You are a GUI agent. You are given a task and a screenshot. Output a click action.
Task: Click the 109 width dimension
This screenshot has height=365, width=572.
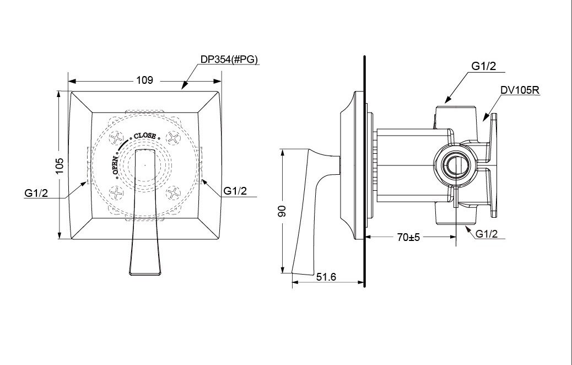pyautogui.click(x=144, y=80)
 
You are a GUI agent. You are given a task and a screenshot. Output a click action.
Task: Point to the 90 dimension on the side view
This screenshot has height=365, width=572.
pyautogui.click(x=283, y=212)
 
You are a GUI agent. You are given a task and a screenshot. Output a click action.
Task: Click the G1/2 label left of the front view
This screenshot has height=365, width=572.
pyautogui.click(x=35, y=193)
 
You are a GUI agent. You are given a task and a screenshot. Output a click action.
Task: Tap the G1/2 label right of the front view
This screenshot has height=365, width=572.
pyautogui.click(x=235, y=191)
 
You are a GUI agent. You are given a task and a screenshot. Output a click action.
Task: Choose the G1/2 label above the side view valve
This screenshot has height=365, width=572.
pyautogui.click(x=484, y=67)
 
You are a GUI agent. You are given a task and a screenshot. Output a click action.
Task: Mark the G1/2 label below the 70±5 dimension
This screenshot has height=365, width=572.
pyautogui.click(x=486, y=234)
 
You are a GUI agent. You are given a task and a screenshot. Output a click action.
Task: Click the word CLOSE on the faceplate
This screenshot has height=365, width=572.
pyautogui.click(x=144, y=135)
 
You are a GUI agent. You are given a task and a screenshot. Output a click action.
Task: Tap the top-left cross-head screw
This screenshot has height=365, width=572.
pyautogui.click(x=116, y=137)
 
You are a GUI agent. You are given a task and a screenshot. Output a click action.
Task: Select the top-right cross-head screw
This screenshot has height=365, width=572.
pyautogui.click(x=174, y=137)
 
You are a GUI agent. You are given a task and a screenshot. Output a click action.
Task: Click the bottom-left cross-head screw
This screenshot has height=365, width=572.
pyautogui.click(x=116, y=192)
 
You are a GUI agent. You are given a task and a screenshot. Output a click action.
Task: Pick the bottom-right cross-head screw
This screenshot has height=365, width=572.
pyautogui.click(x=174, y=192)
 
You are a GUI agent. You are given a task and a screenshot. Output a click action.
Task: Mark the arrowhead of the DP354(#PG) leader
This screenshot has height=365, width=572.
pyautogui.click(x=184, y=87)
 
